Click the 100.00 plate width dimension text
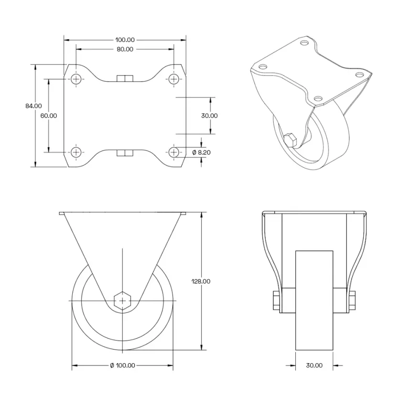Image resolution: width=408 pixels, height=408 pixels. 125,40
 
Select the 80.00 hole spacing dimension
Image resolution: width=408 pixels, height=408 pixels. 125,49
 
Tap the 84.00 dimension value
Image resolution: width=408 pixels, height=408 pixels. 33,106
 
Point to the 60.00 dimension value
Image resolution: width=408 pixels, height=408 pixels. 49,116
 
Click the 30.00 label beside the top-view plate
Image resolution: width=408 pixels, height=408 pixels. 209,116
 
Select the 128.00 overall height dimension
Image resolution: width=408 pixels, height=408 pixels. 200,281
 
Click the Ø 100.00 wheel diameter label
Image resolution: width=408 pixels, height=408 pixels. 122,365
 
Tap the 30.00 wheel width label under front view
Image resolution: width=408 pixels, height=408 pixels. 314,365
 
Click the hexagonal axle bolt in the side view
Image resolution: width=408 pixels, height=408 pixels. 123,301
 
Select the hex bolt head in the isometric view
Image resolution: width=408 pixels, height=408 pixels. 290,140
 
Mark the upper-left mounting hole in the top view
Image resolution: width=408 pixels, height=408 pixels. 76,79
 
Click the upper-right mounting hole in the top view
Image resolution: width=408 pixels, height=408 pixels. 174,79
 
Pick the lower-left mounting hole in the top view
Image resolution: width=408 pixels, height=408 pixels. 76,152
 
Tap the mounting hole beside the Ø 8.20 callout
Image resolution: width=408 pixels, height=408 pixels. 174,152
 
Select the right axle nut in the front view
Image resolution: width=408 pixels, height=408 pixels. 352,300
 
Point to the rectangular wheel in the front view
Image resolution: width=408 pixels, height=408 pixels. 314,301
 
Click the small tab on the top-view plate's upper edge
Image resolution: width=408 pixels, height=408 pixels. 125,78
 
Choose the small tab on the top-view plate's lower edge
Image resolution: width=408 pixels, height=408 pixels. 125,153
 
